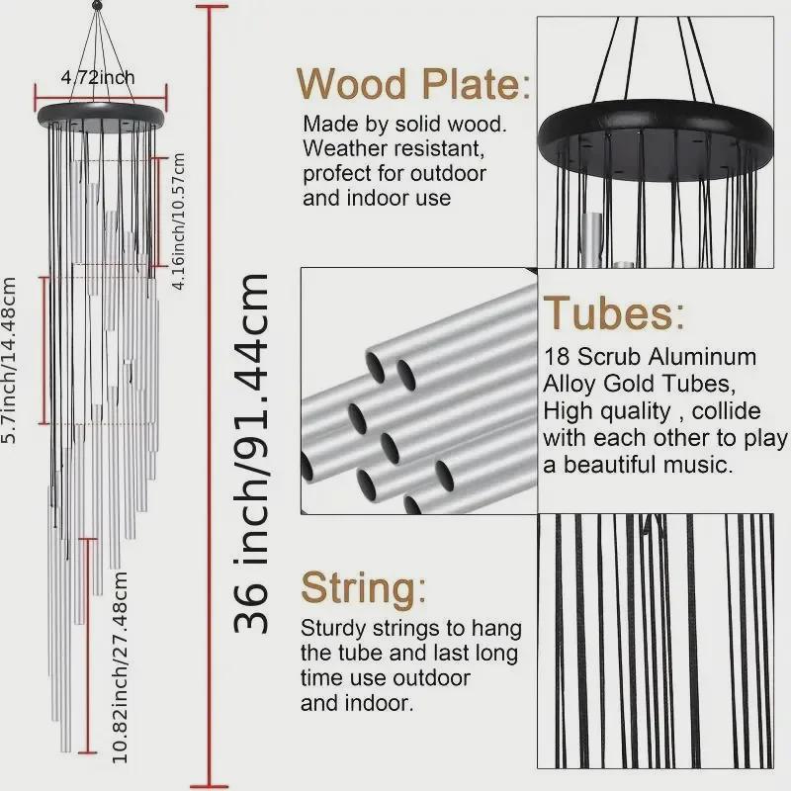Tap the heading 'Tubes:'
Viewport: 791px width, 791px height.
point(613,313)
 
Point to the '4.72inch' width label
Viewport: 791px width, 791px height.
point(98,77)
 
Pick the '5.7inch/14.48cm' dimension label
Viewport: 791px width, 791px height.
point(11,361)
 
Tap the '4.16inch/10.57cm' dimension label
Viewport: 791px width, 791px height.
point(178,221)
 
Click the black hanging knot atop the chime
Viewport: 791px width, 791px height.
point(97,7)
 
